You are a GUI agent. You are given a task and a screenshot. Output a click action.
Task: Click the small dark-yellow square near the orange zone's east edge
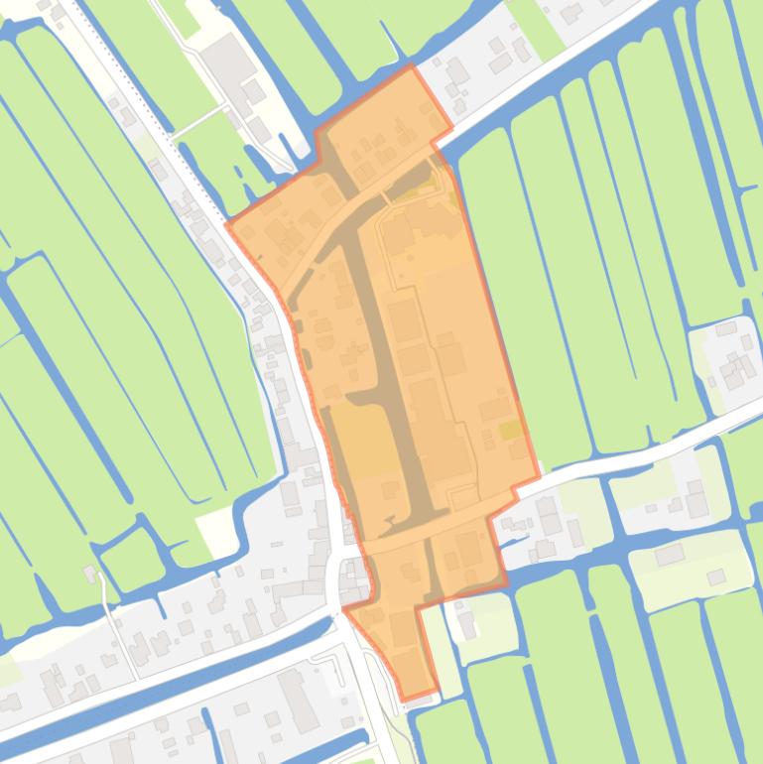point(510,430)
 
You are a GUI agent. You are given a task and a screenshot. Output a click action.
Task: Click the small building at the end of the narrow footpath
point(92,573)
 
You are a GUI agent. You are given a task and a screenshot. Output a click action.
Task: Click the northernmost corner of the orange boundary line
point(411,66)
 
